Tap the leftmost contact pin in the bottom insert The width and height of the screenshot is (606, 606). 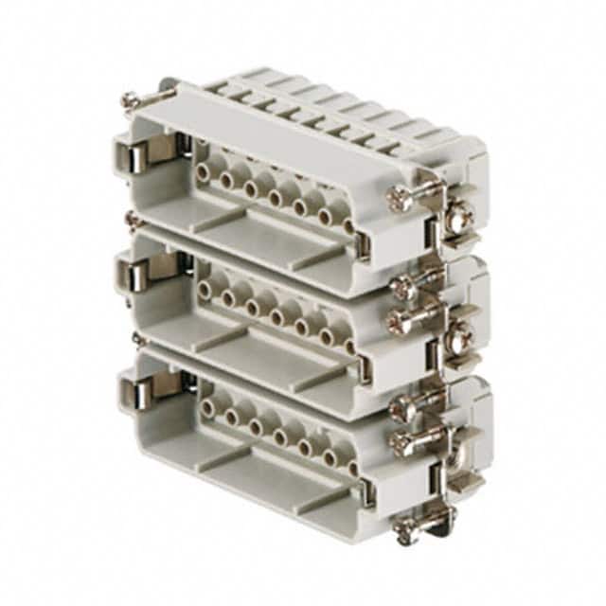[205, 408]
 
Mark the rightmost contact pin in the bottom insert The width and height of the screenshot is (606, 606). [350, 465]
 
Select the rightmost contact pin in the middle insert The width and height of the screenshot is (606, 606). [350, 346]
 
